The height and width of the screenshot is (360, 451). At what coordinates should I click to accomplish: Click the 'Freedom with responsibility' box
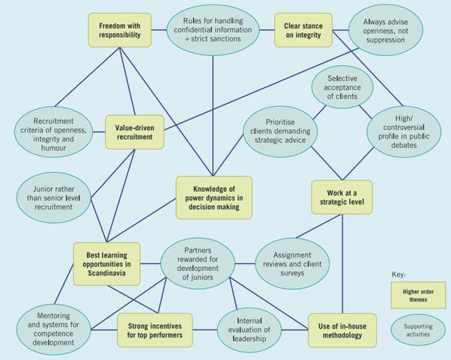click(120, 30)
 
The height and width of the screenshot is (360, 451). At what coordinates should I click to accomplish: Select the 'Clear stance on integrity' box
click(303, 30)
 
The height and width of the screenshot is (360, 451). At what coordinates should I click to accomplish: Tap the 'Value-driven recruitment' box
click(135, 132)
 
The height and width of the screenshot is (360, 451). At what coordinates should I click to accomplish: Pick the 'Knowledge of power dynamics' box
click(214, 198)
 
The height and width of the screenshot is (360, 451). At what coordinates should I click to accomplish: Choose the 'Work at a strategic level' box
click(342, 197)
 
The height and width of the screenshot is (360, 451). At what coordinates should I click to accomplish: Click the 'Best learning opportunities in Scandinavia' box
click(106, 263)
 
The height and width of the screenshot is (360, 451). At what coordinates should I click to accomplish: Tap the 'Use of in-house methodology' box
click(342, 330)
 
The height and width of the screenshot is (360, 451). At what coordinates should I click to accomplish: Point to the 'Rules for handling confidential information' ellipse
click(214, 31)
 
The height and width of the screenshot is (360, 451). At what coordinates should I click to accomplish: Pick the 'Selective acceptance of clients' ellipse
click(342, 87)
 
